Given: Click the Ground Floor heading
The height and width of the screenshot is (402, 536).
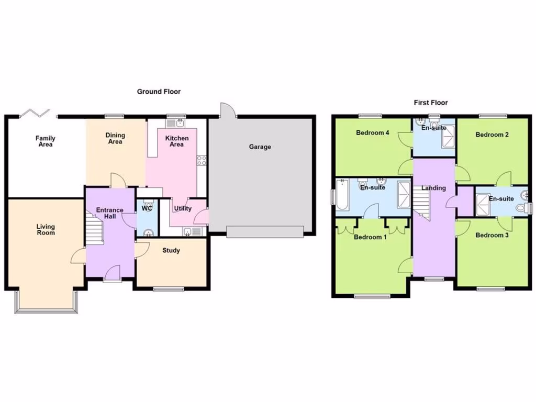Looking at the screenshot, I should tap(159, 92).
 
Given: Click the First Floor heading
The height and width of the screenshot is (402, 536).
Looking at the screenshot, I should tap(431, 103).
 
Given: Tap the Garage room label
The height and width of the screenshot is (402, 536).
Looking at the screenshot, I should tap(260, 147).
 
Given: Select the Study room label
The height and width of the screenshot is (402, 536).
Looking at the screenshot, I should tap(171, 251).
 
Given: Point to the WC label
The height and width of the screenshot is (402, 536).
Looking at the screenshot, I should tap(147, 208).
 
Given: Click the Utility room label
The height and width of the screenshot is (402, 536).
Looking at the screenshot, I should tap(183, 208).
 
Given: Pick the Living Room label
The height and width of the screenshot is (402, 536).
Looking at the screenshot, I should tap(46, 230).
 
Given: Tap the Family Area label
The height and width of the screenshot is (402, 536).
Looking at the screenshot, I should tap(46, 141).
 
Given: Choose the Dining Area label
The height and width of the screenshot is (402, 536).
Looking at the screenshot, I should tap(115, 138).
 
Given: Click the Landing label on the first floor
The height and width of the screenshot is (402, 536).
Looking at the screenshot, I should tap(434, 188).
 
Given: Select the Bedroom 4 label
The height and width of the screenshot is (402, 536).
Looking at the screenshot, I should tap(372, 133).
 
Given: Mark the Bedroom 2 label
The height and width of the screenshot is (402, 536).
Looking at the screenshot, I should tap(492, 135).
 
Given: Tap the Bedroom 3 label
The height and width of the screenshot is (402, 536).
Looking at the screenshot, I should tap(492, 236).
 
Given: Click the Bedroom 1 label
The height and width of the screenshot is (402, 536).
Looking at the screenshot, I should tap(371, 237).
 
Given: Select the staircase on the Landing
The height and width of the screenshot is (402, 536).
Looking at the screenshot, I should tap(422, 204).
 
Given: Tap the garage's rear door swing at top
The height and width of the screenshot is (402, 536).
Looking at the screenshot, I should tap(227, 109).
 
